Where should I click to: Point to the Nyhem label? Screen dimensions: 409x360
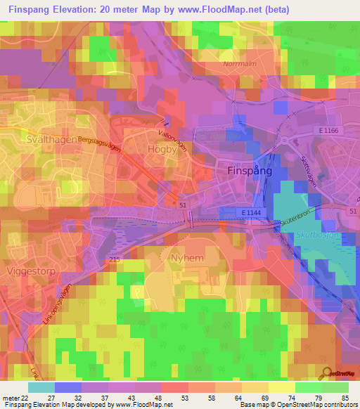186,258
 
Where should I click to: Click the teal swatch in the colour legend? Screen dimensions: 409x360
41,387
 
